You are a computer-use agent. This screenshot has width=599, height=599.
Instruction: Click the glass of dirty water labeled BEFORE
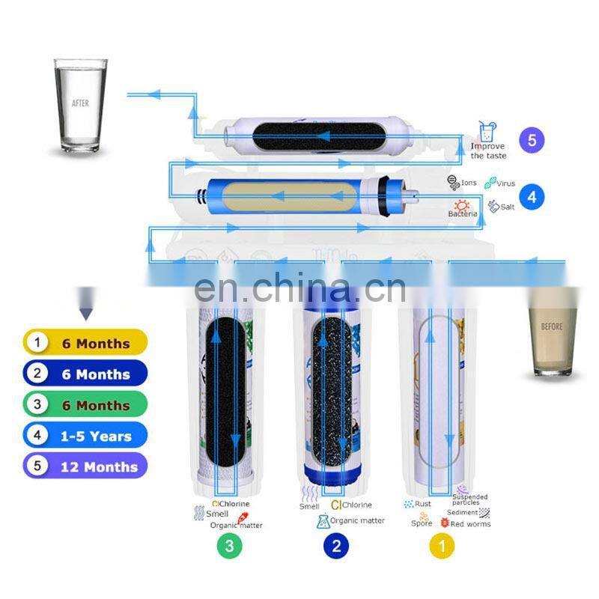(x=552, y=329)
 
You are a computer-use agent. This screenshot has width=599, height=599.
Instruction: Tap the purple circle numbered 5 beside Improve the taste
(x=531, y=140)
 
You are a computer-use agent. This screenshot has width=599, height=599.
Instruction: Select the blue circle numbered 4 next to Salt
(x=531, y=198)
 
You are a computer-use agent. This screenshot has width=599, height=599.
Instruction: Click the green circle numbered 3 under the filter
(x=230, y=546)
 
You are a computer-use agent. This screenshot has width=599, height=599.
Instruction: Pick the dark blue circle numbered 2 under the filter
(x=336, y=546)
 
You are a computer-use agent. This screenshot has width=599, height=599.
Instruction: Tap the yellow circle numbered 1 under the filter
(x=442, y=546)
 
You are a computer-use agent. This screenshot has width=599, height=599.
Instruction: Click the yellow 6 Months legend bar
(x=85, y=344)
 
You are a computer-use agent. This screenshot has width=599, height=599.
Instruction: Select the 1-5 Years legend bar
(x=85, y=436)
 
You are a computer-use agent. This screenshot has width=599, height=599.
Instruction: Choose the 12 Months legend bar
(x=85, y=466)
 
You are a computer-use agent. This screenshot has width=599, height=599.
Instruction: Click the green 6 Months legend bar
(x=85, y=405)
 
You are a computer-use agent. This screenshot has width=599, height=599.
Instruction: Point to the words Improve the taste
(x=488, y=151)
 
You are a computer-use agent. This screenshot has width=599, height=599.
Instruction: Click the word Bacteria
(x=463, y=214)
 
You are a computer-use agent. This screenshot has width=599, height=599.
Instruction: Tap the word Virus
(x=505, y=183)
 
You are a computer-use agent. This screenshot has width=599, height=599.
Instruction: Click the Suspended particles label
(x=470, y=499)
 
